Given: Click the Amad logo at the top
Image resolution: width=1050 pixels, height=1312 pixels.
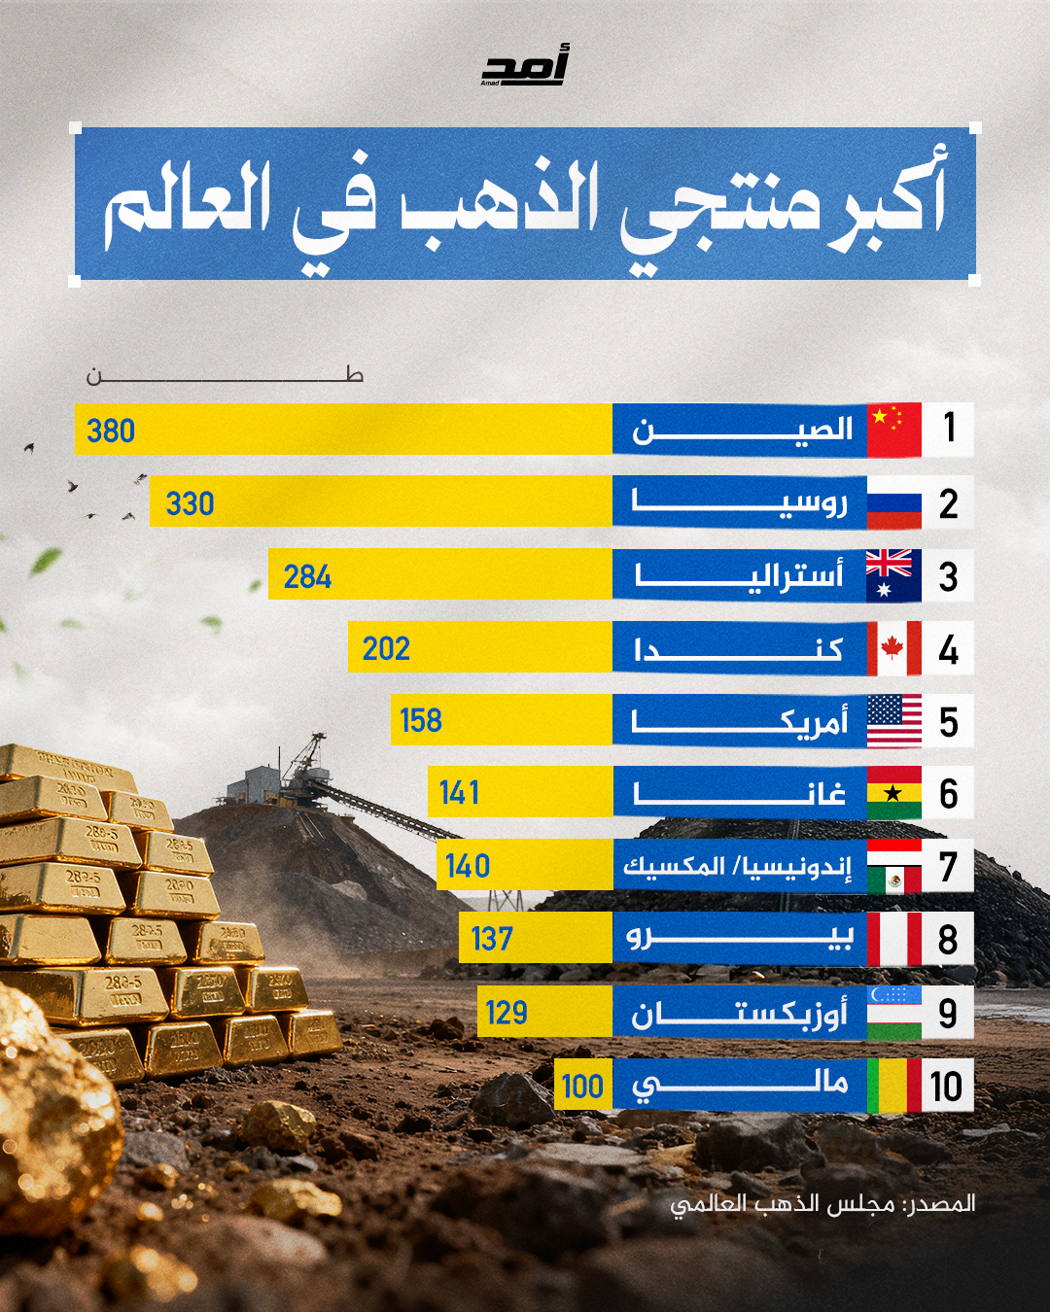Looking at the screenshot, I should pos(525,66).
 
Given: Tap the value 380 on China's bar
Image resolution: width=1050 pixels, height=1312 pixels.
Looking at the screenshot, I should pos(111,431).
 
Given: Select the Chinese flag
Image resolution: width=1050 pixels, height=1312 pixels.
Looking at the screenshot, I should pos(893,429).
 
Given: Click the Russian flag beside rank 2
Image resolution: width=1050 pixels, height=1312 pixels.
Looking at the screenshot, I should pos(893,502).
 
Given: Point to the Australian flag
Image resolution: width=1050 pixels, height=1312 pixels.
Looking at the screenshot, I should pos(893,575).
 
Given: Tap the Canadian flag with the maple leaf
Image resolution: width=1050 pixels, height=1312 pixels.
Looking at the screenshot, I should pos(893,648).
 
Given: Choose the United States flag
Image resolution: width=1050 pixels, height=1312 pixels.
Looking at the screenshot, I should pos(893,721).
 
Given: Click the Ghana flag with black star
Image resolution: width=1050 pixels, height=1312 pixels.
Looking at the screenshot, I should pos(893,793).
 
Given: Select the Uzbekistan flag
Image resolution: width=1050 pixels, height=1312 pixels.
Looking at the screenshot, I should pos(893,1012).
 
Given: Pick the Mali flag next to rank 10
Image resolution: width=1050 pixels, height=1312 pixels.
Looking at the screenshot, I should pos(893,1086).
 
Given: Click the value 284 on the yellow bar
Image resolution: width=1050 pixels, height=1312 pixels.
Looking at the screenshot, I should pos(307,576).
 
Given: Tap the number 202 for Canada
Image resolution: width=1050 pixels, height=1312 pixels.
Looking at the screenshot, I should pos(386,648).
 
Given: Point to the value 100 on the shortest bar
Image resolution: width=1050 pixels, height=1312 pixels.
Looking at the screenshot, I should pos(582,1086).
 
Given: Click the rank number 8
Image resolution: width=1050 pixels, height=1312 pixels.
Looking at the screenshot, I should pos(948,940).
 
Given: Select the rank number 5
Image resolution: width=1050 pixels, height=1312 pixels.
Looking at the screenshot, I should pos(948,722).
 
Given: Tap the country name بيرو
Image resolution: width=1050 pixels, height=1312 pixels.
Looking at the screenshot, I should pos(739,938).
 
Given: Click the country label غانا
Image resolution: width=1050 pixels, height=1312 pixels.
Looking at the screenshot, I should pos(739,794).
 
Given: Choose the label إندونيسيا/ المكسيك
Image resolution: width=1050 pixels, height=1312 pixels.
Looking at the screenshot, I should pos(737,866).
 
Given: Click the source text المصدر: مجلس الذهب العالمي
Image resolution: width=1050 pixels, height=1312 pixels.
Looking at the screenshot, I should pos(822,1204).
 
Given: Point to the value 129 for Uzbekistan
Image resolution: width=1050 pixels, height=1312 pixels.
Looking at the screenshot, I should pos(507,1013).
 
